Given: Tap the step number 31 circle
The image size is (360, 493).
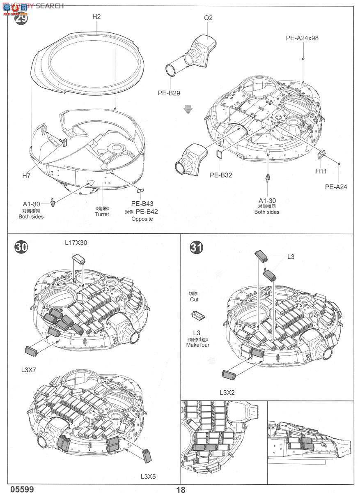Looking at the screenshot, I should tap(196, 248).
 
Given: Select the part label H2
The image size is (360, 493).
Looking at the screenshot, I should tap(96, 16).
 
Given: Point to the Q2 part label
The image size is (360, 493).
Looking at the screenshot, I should tap(208, 18).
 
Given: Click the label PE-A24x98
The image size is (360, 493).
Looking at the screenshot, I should tap(302, 38).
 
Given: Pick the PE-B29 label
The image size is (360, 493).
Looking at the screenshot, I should tap(169, 93).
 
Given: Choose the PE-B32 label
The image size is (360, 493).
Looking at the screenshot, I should tap(221, 175).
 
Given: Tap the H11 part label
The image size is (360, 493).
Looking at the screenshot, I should tap(321, 170).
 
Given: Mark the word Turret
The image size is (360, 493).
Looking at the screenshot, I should tap(102, 214).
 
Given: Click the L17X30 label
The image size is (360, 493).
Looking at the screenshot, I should tap(76, 243).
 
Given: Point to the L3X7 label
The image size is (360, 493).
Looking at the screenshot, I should tap(29, 370).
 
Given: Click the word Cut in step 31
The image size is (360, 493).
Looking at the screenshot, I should tap(194, 300).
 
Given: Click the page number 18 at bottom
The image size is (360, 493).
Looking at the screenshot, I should tap(181, 489).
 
